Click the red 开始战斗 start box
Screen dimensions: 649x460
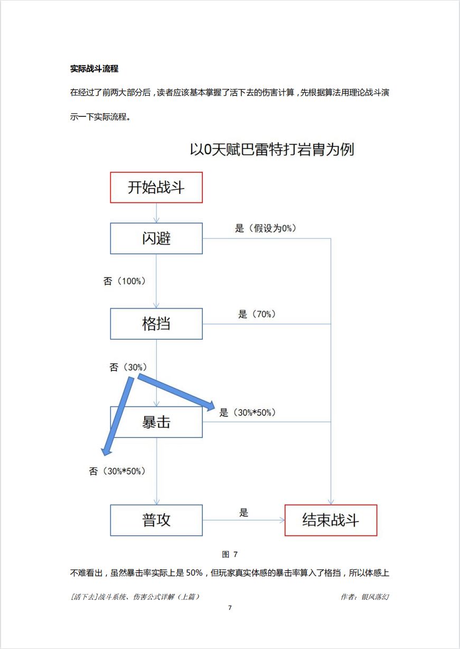pos(156,187)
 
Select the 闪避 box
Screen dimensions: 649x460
pos(156,238)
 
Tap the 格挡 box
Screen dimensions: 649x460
pos(156,323)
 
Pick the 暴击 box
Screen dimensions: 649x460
pos(156,422)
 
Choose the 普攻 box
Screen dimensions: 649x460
pos(156,520)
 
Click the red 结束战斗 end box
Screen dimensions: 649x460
pos(331,520)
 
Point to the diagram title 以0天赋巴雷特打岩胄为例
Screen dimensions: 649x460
pos(271,150)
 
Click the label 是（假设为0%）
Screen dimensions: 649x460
pos(266,228)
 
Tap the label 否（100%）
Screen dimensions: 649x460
pos(125,281)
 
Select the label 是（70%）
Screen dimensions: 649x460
pos(257,314)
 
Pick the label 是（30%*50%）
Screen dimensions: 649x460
pos(248,413)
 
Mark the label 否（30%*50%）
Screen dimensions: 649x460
pos(117,471)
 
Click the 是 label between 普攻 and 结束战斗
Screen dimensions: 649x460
pos(243,512)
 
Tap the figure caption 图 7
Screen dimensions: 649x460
pos(230,554)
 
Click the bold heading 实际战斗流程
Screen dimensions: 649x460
pos(94,69)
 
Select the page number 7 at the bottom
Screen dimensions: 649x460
pos(230,608)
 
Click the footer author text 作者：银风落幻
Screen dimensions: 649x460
pos(365,597)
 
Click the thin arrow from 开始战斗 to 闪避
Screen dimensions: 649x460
pos(156,212)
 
